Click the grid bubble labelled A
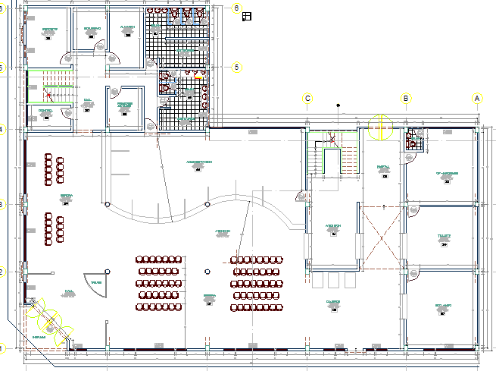tap(477, 99)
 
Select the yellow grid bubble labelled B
tap(406, 99)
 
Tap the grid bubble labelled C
tap(307, 99)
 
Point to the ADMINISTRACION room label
tap(198, 162)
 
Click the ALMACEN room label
tap(126, 27)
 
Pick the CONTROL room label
tap(45, 111)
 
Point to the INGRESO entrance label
tap(39, 338)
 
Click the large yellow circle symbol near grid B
tap(380, 127)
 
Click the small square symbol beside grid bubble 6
tap(246, 17)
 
